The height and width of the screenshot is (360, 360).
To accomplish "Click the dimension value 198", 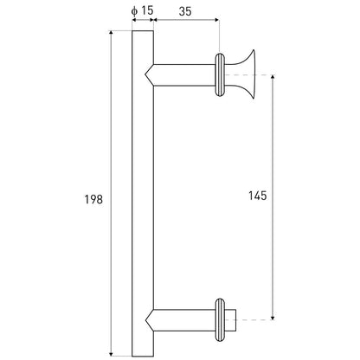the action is point(93,199).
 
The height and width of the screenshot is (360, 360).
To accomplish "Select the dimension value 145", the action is point(258,196).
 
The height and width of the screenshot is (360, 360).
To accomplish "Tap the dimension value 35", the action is point(185,11).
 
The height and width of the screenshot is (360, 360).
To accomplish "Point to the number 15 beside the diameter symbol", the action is point(147,10).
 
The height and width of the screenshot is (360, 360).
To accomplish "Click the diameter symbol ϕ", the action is point(134,11).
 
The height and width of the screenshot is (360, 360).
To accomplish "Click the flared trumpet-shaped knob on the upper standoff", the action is point(244,74).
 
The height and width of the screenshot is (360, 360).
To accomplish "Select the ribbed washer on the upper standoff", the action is point(220,74).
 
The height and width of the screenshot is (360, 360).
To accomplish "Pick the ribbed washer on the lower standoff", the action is point(220,320).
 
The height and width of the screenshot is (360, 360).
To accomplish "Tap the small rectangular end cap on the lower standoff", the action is point(230,320).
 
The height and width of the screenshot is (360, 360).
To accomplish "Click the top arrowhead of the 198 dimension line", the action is point(112,32).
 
